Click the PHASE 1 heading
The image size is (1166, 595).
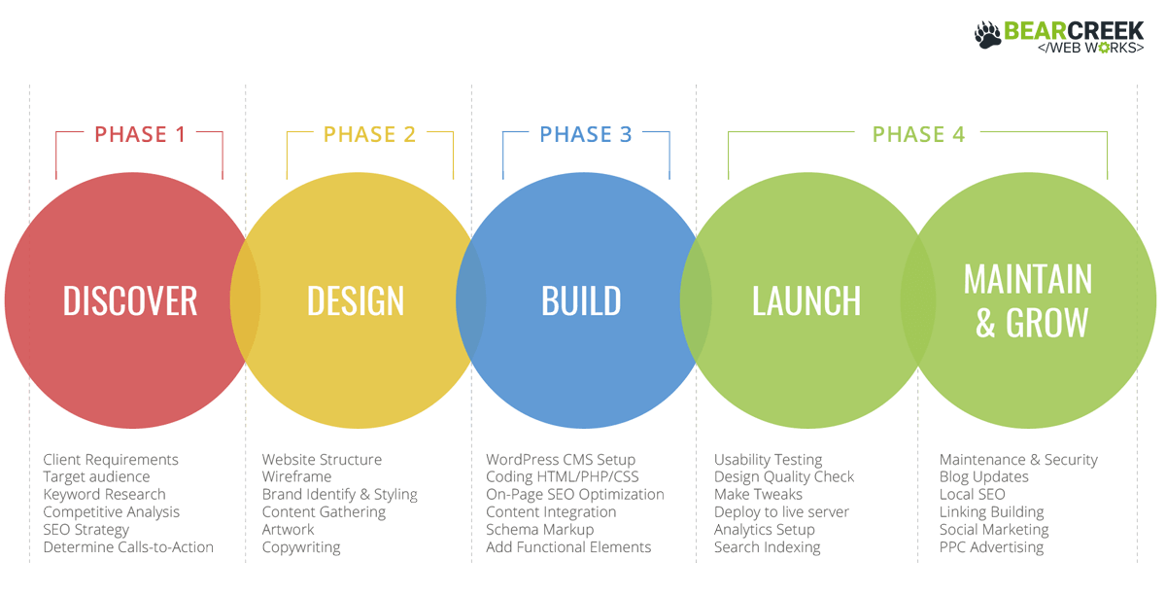tap(139, 134)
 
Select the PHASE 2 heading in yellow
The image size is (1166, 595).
tap(369, 134)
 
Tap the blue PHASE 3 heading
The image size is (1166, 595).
tap(585, 134)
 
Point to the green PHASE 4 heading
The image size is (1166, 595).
tap(918, 134)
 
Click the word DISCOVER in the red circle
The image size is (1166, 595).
tap(130, 300)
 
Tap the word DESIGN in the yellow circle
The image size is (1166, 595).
tap(356, 300)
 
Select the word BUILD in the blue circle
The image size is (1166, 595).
tap(581, 300)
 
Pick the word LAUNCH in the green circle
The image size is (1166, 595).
tap(806, 300)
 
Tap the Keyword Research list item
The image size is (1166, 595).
tap(104, 494)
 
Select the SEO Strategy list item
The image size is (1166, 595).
tap(86, 530)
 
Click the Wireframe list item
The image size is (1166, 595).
tap(295, 476)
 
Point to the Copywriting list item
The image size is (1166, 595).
tap(300, 547)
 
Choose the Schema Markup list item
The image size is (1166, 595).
tap(539, 530)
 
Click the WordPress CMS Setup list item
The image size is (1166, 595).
tap(561, 459)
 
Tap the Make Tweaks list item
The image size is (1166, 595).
tap(758, 494)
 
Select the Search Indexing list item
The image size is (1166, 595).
tap(767, 547)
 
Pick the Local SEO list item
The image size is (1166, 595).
tap(972, 494)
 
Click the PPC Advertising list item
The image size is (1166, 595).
tap(991, 547)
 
